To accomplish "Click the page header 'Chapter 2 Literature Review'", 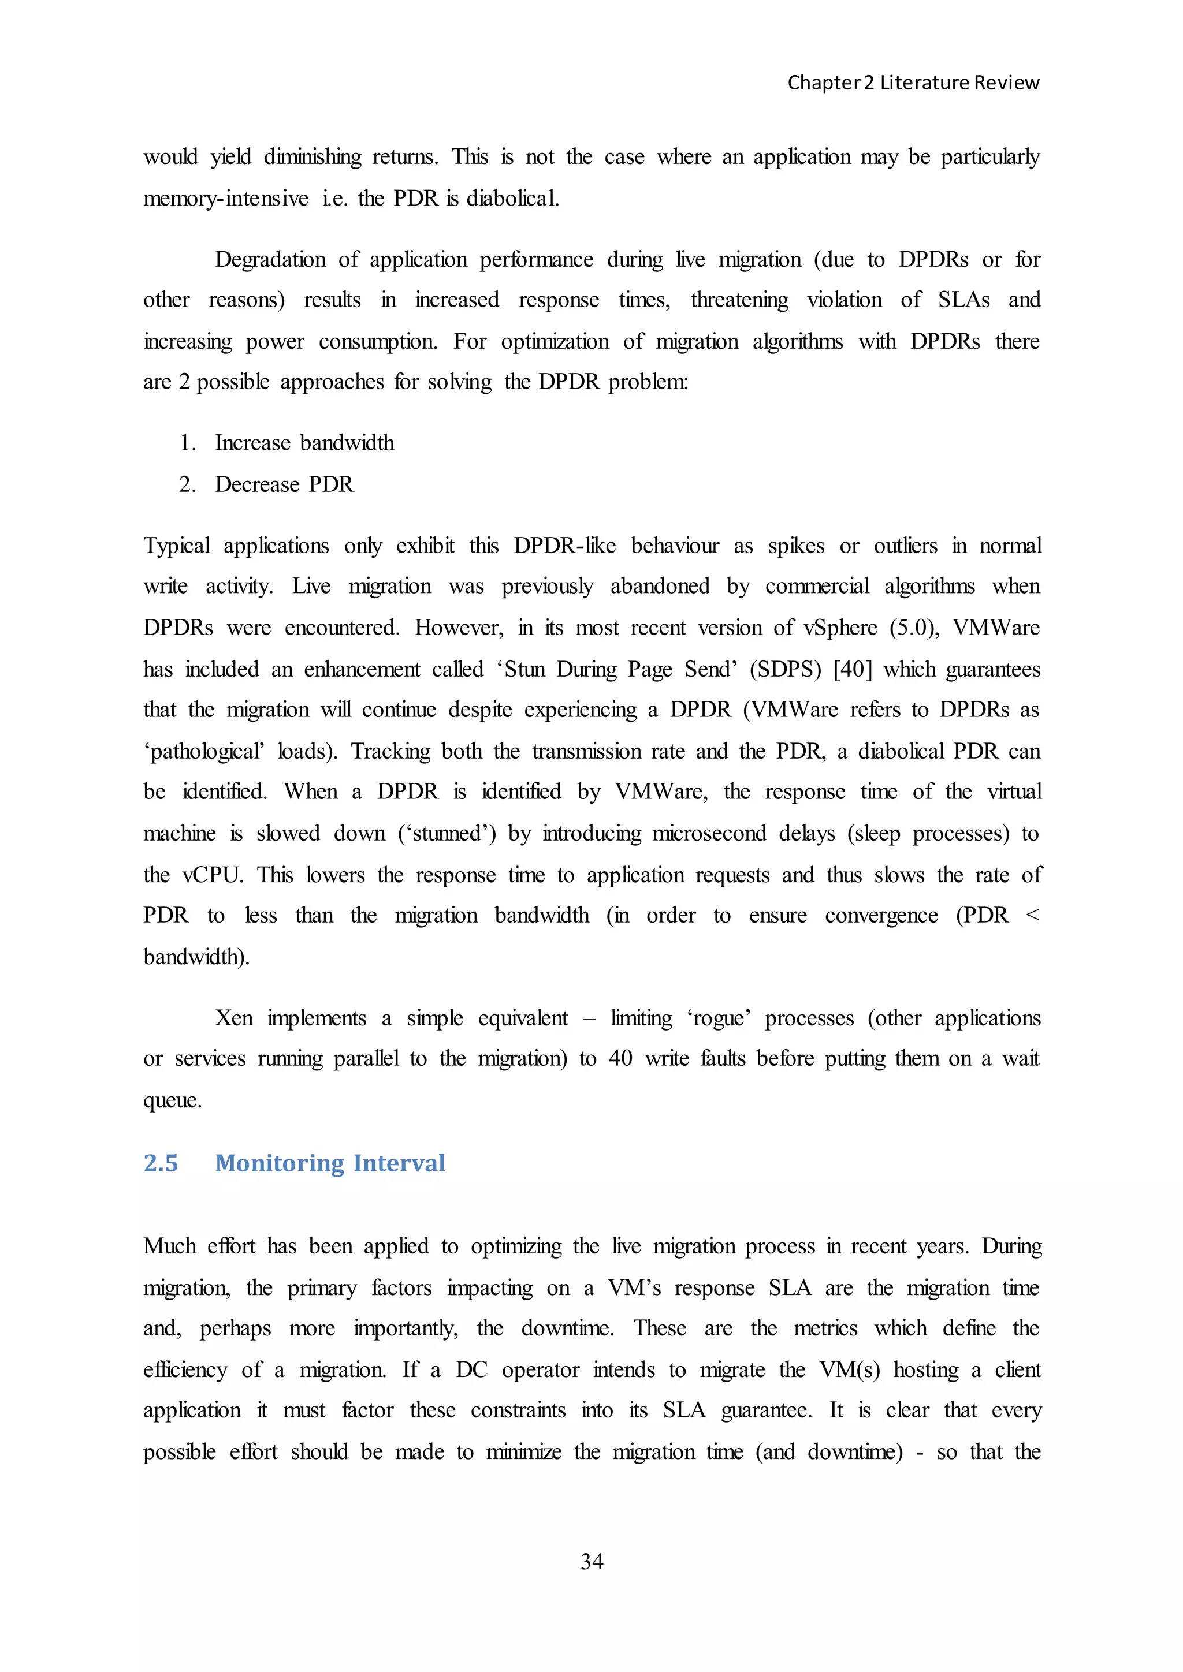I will (913, 83).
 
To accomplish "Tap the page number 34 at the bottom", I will (591, 1561).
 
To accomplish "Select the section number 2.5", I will (161, 1163).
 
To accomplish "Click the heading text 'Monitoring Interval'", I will (330, 1163).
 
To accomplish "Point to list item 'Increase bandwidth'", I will (304, 443).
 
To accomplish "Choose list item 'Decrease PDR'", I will (284, 484).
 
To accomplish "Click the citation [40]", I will (852, 669).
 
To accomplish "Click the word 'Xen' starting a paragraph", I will (234, 1018).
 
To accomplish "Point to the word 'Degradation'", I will (270, 260).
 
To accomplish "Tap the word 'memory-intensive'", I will (226, 198).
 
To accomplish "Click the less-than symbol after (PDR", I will (1032, 915).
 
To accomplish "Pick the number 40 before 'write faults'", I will (620, 1059).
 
